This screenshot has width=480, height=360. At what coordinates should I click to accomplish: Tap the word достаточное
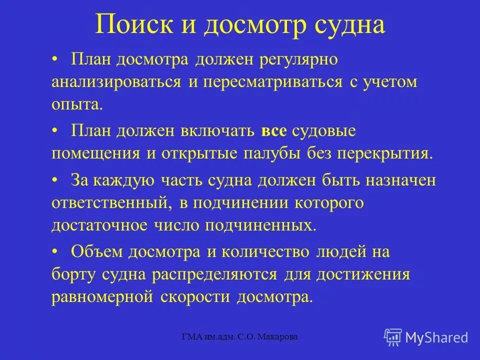click(x=99, y=225)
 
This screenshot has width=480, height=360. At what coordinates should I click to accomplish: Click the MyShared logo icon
click(x=392, y=337)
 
